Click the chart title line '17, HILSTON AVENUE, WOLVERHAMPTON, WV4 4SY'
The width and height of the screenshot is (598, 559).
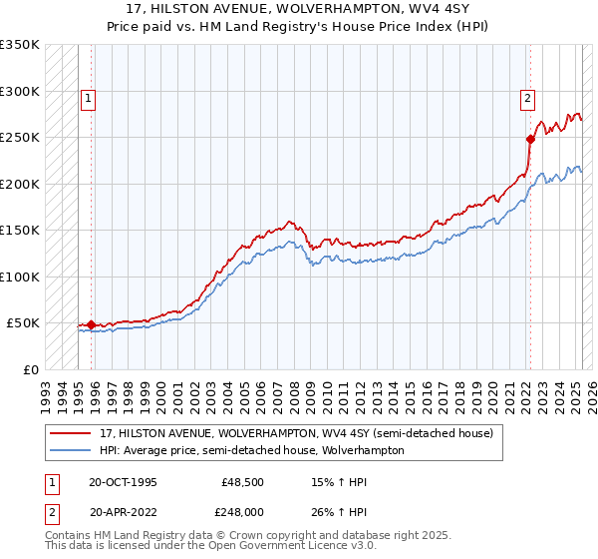point(299,9)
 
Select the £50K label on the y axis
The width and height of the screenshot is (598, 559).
point(23,323)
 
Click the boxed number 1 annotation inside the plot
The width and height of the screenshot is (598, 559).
point(90,98)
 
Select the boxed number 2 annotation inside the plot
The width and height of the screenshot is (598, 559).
point(527,98)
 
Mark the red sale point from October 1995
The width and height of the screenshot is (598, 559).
point(91,324)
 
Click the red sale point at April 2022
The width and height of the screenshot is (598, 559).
point(530,140)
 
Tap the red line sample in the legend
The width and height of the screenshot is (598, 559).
point(72,433)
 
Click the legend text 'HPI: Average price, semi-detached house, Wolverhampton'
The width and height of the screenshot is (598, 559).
point(252,450)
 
